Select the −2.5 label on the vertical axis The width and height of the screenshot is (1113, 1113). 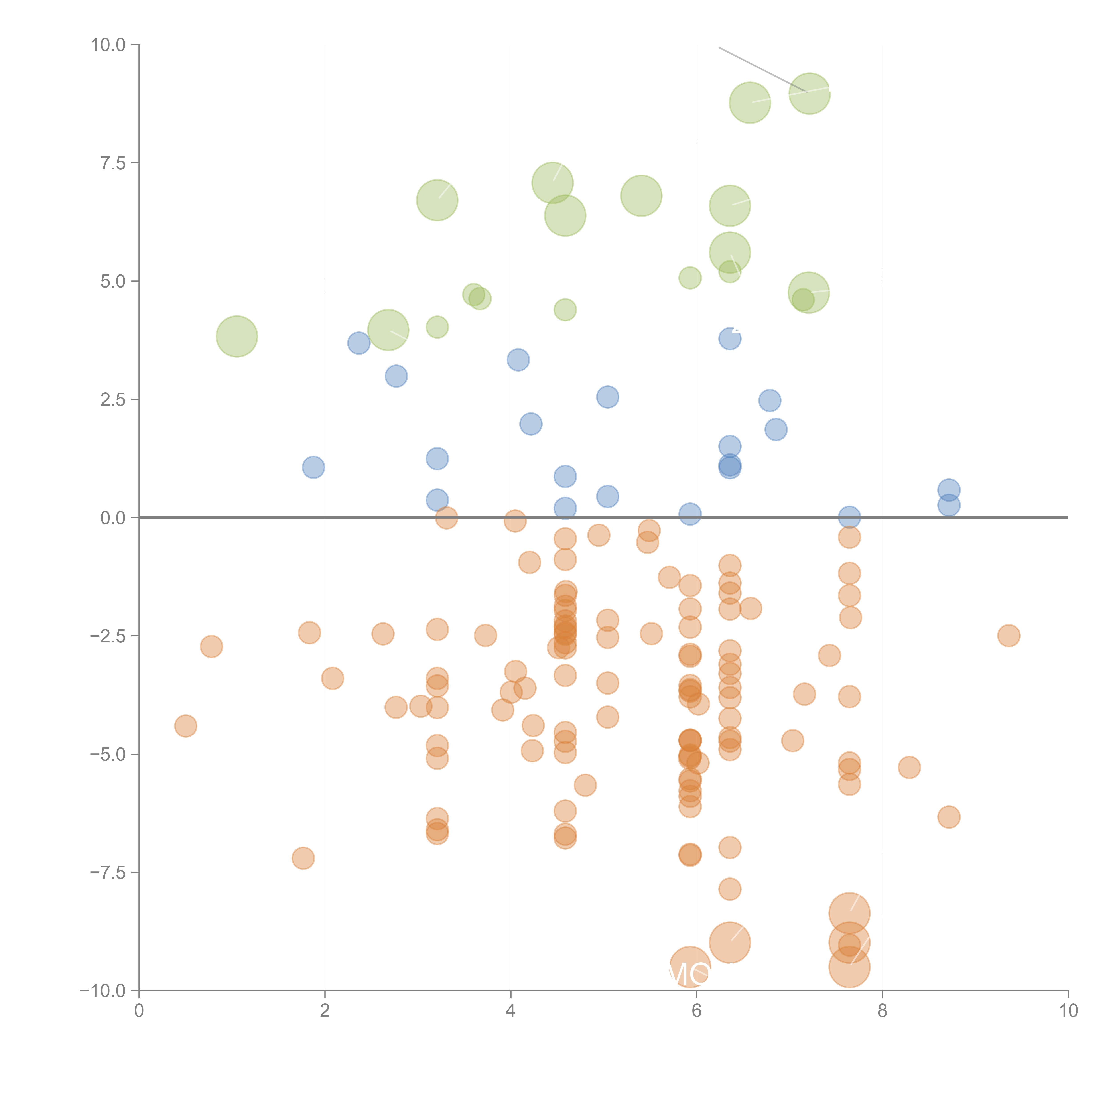107,636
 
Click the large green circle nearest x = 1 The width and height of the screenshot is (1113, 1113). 237,336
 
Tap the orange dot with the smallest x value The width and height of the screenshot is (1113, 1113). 185,726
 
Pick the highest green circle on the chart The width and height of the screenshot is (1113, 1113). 809,93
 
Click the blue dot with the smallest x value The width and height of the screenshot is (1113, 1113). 313,467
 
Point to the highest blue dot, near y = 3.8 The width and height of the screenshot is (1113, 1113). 730,339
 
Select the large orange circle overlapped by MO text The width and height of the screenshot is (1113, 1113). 690,967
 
